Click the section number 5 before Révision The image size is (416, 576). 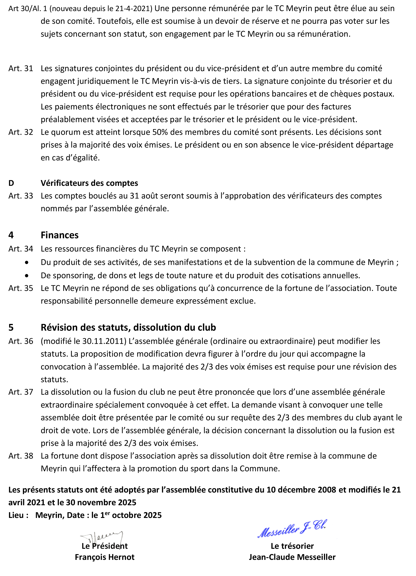click(x=11, y=327)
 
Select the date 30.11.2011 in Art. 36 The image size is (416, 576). click(x=103, y=341)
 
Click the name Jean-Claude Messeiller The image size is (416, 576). click(x=292, y=557)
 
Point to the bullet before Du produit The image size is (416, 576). click(x=27, y=262)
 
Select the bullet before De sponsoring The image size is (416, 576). click(x=27, y=275)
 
